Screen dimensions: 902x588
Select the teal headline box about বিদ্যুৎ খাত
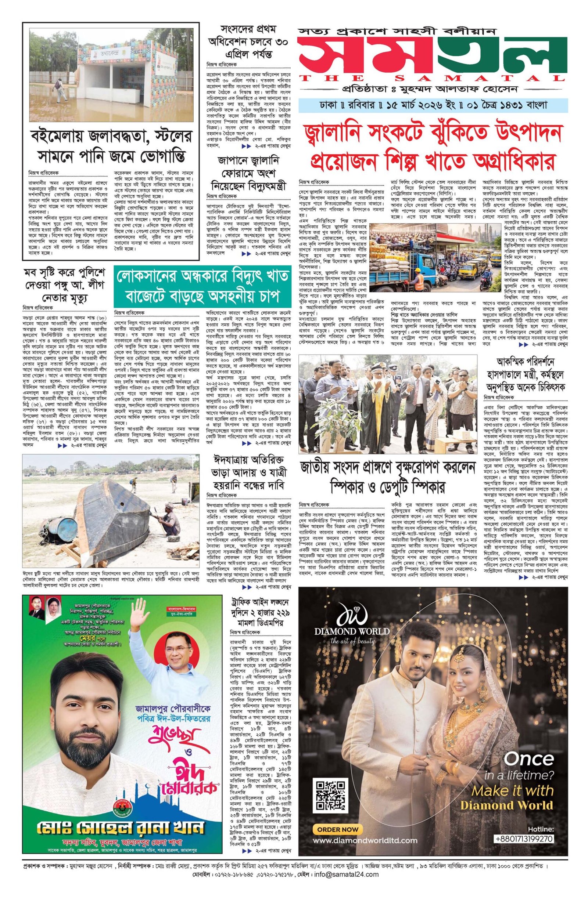[201, 284]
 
